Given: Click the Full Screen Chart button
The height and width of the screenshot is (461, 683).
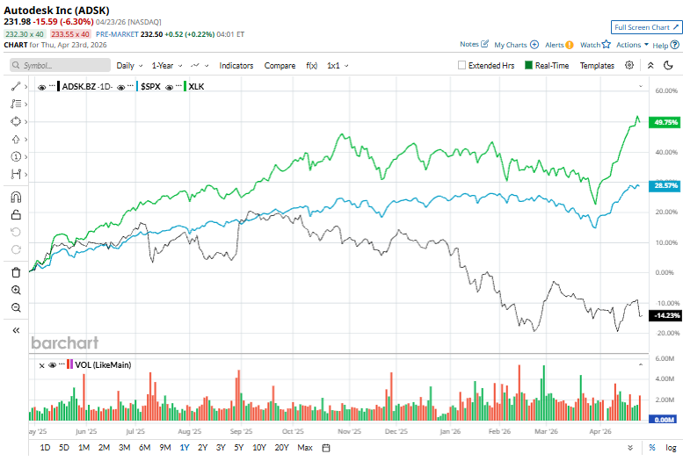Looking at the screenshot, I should click(x=644, y=27).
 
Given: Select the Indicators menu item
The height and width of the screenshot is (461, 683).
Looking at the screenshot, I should click(x=236, y=65).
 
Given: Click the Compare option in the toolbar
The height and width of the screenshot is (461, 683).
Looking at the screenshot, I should click(x=280, y=65).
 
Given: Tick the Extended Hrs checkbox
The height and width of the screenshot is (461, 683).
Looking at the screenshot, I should click(x=462, y=65).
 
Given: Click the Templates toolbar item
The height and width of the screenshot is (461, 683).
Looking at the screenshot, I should click(x=597, y=65).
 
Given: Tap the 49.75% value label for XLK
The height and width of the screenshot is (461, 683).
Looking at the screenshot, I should click(x=665, y=123).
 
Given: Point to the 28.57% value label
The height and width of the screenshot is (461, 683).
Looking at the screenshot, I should click(x=665, y=186).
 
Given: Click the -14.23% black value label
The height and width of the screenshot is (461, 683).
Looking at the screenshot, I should click(x=664, y=314).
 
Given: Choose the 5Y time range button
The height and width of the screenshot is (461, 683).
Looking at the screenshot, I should click(x=239, y=448).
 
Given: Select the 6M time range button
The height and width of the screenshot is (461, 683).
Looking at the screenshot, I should click(x=144, y=448).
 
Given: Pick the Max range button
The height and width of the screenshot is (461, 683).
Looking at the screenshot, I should click(x=305, y=448).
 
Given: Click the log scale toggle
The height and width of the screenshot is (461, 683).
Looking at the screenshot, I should click(x=671, y=448).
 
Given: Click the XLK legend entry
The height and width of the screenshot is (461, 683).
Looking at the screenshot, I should click(x=196, y=86).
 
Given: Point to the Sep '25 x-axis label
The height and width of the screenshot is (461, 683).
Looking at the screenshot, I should click(x=241, y=432).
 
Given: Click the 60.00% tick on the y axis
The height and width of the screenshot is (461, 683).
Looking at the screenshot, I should click(x=665, y=90).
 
